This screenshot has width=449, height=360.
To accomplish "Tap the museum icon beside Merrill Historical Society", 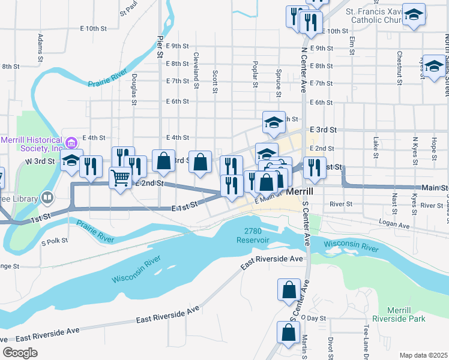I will [71, 143].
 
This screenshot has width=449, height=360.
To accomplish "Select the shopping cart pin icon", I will [121, 177].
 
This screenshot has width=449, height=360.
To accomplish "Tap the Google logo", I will [20, 353].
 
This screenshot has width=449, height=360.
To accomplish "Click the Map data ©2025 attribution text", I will [423, 355].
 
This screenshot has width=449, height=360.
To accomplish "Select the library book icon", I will [47, 197].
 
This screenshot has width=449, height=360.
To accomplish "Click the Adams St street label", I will [40, 48].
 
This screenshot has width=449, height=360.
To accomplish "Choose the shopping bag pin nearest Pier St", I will [163, 160].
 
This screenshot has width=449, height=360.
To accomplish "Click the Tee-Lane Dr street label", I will [365, 339].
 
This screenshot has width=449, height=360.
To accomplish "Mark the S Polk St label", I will [55, 242].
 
